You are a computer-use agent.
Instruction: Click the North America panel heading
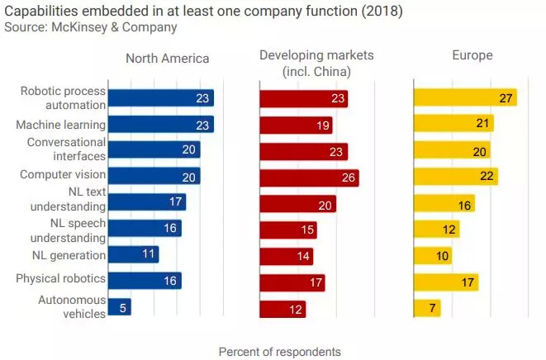coord(167,58)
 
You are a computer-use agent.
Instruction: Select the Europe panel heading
coord(472,56)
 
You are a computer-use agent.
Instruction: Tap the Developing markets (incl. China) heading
coord(316,63)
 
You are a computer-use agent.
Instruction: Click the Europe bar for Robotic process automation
coord(465,97)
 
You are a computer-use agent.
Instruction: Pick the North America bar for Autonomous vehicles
coord(120,307)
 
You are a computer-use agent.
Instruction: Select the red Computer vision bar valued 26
coord(309,177)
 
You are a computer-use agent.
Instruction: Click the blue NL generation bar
coord(133,254)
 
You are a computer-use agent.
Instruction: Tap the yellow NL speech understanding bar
coord(436,229)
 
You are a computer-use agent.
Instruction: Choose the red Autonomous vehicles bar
coord(282,309)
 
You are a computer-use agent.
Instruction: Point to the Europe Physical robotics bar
coord(446,282)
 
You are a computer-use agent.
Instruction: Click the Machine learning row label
coord(61,125)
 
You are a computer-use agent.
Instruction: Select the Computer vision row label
coord(63,174)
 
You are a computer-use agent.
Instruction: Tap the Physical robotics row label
coord(61,279)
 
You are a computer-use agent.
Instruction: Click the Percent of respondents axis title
coord(279,352)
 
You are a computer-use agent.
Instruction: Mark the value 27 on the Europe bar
coord(506,98)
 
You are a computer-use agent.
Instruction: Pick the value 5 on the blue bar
coord(122,308)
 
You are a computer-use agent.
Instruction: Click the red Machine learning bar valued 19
coord(296,125)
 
